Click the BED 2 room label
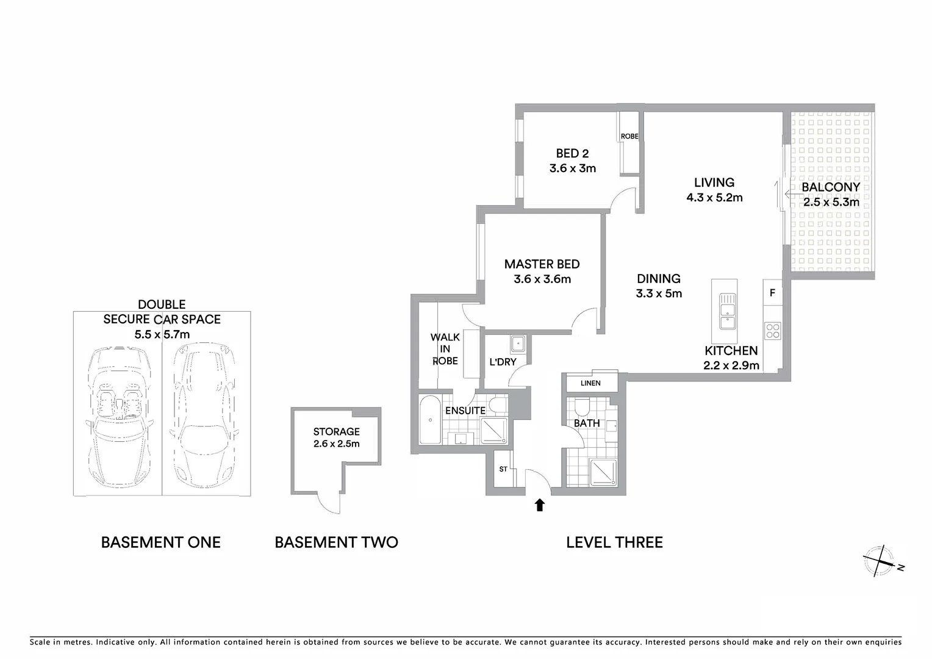click(572, 154)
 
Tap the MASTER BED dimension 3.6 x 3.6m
click(542, 279)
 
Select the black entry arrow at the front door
click(539, 505)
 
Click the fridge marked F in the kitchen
click(772, 293)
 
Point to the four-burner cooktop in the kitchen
click(772, 331)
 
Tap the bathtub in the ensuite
click(429, 420)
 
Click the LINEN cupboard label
click(590, 383)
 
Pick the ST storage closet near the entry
click(503, 469)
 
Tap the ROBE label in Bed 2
click(629, 136)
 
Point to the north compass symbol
click(881, 562)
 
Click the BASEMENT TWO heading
click(336, 542)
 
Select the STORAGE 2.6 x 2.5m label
click(337, 438)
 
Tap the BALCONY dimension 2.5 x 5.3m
click(831, 203)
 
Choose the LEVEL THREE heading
click(614, 542)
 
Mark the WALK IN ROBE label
click(445, 348)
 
